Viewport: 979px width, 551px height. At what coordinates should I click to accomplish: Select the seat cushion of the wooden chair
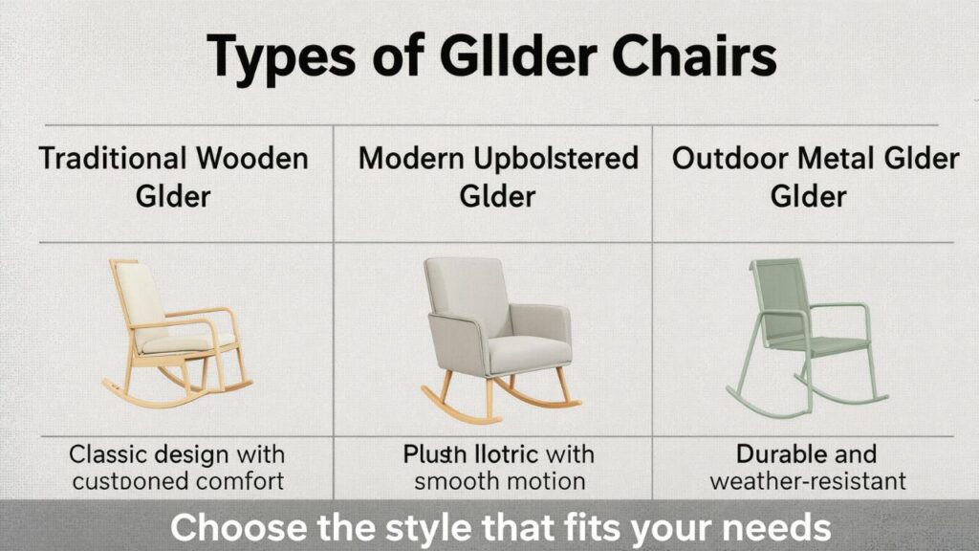[182, 342]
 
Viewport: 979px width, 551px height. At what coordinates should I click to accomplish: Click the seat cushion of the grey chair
[524, 349]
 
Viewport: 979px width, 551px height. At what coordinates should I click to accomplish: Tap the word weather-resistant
[808, 480]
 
